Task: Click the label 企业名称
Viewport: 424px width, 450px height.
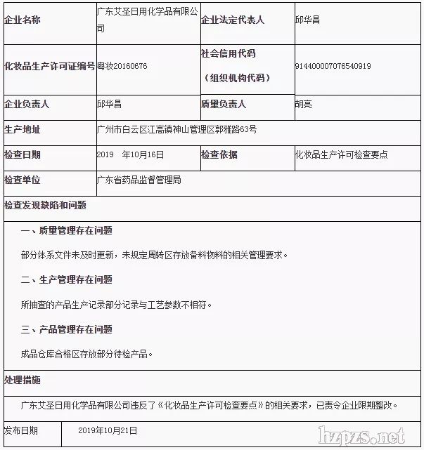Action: tap(23, 20)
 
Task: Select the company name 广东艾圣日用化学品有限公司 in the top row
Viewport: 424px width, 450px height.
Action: tap(147, 20)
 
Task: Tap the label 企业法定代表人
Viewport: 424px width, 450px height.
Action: tap(233, 20)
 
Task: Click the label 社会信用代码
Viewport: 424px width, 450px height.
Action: tap(228, 54)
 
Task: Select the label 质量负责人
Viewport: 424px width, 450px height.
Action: tap(224, 104)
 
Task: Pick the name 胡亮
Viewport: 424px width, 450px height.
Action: tap(304, 104)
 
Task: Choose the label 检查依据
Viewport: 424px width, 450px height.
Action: tap(219, 154)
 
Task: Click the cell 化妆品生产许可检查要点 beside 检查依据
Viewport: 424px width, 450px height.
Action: tap(341, 154)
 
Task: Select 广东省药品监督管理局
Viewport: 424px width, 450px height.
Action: tap(139, 180)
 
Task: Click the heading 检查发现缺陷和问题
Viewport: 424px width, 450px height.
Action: tap(45, 205)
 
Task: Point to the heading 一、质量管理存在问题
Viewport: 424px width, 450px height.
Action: tap(67, 230)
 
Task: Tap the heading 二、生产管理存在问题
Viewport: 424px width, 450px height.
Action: tap(67, 279)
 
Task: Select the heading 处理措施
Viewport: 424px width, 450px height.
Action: tap(23, 380)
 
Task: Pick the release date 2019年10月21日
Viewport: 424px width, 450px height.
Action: tap(108, 430)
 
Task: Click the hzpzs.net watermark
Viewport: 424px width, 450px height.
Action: tap(362, 435)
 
